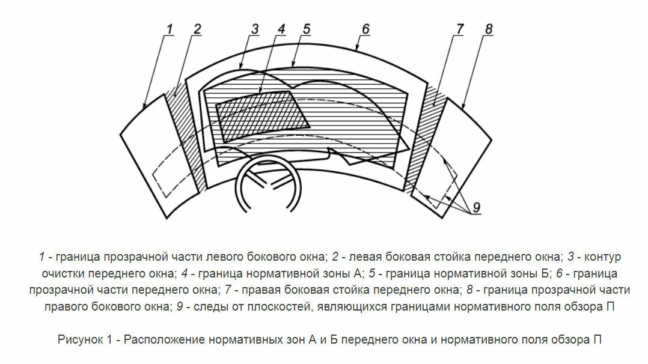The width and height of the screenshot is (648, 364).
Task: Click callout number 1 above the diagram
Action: (170, 29)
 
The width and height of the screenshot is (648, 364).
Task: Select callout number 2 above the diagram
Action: (197, 29)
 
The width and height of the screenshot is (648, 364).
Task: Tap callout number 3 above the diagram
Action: (255, 29)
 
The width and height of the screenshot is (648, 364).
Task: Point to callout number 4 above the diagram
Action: (281, 29)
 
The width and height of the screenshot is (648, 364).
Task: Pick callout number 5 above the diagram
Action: (306, 29)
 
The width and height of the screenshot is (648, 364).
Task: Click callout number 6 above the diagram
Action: (365, 29)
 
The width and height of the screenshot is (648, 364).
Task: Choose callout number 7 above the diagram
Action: (459, 29)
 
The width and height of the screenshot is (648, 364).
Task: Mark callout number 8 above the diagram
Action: (489, 29)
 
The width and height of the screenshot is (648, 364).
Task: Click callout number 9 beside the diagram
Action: (477, 207)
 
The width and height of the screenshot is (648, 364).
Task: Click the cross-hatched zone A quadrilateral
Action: (262, 116)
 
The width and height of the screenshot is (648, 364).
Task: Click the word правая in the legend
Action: (260, 291)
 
